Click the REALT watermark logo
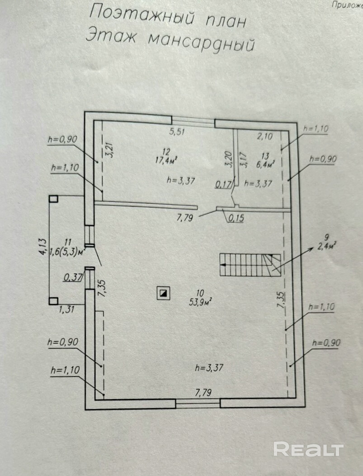click(x=309, y=449)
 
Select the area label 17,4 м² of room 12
click(x=166, y=160)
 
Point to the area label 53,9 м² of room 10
click(x=200, y=302)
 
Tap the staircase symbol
click(x=250, y=265)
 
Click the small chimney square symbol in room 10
click(x=163, y=293)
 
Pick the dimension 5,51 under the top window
click(x=177, y=132)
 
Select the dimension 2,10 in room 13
click(x=265, y=136)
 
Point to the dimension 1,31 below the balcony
click(x=66, y=309)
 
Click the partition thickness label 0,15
click(x=236, y=218)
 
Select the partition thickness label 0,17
click(x=224, y=184)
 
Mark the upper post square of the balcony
click(x=53, y=199)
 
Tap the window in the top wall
click(x=193, y=121)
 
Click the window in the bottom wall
click(x=198, y=403)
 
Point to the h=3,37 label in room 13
click(x=258, y=183)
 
